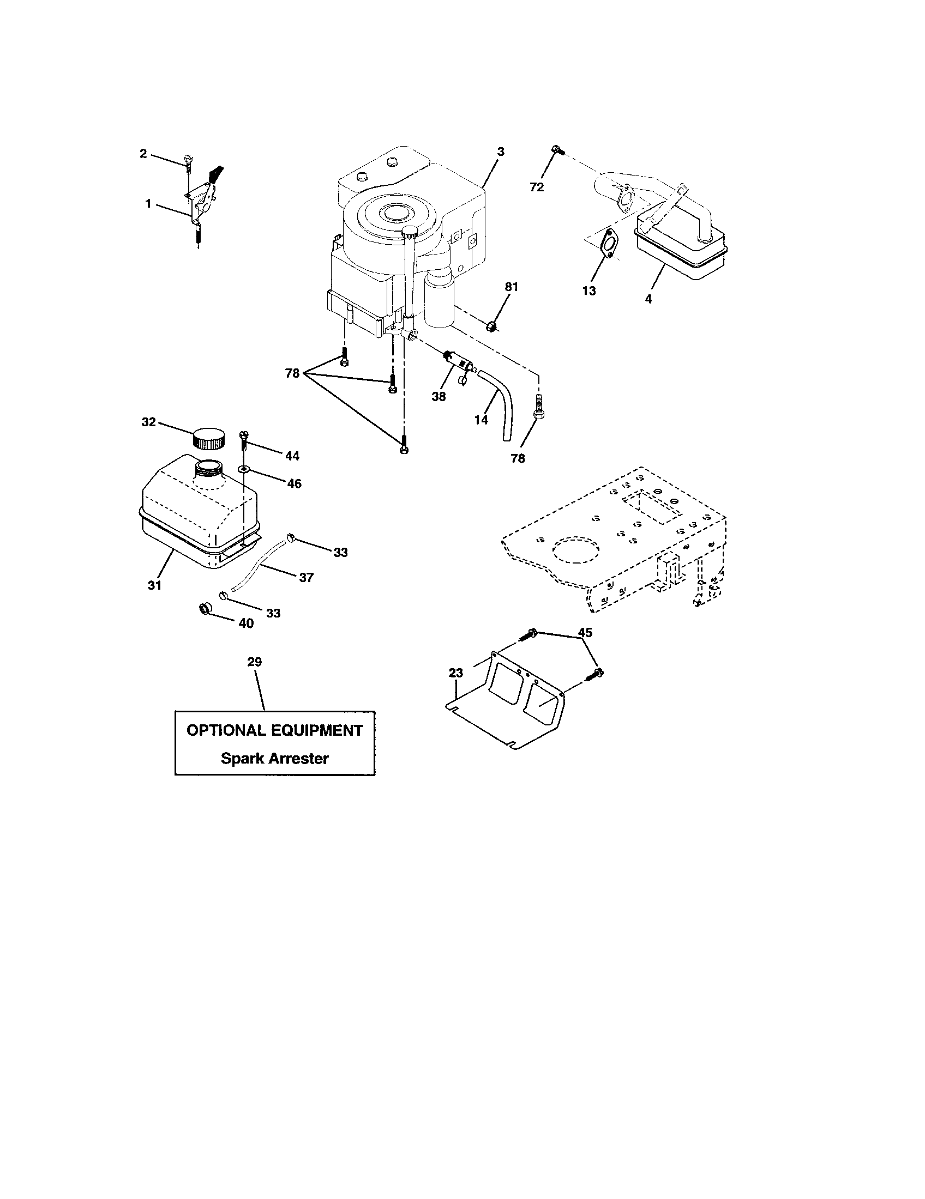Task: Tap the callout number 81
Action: coord(512,287)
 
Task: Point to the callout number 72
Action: coord(537,187)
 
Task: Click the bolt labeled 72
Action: coord(556,149)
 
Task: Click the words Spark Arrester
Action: coord(275,759)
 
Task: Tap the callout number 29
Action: coord(254,662)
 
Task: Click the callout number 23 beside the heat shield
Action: coord(456,673)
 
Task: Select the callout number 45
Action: coord(586,632)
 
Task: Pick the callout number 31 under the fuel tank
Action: coord(154,586)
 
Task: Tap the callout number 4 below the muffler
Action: coord(648,299)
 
